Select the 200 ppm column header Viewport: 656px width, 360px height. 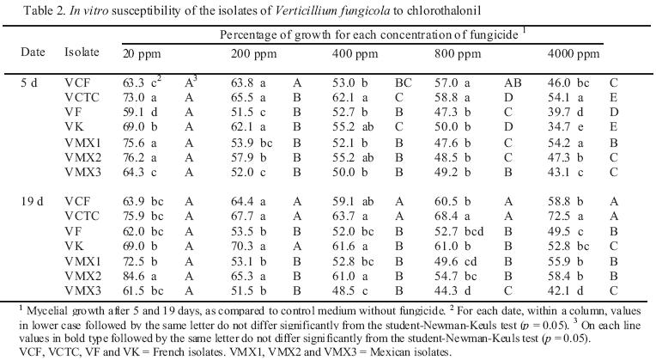(249, 52)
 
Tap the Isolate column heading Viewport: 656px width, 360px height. (81, 52)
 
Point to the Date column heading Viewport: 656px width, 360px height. (33, 52)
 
